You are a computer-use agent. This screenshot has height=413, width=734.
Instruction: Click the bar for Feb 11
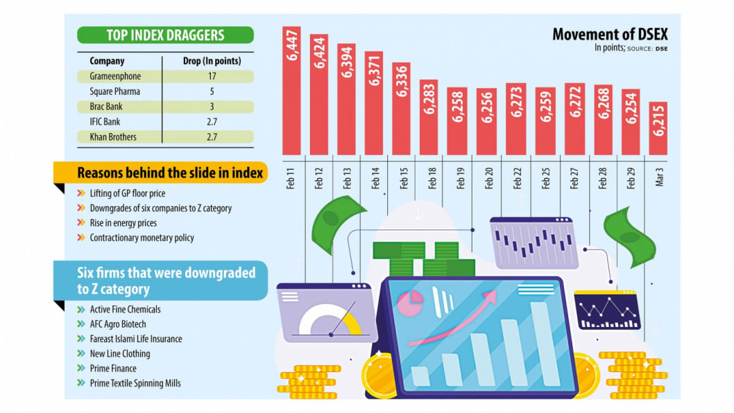coord(291,90)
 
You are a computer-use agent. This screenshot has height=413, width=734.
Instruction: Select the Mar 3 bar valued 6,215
coord(658,128)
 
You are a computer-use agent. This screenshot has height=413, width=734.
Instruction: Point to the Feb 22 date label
coord(518,177)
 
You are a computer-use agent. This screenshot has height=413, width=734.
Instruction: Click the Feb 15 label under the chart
coord(404,177)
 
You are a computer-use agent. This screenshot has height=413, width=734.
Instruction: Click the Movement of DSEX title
coord(610,35)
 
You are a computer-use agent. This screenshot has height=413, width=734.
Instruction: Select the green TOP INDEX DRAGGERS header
coord(165,35)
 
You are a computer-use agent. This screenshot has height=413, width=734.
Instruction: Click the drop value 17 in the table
coord(212,76)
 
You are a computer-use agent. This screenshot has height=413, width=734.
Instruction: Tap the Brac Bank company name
coord(108,107)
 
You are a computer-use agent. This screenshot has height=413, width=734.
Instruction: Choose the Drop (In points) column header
coord(212,61)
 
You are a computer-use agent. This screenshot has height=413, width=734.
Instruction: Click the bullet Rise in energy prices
coord(123,223)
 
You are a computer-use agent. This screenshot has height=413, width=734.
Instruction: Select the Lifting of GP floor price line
coord(127,193)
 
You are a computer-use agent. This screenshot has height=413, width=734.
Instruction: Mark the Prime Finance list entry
coord(113,369)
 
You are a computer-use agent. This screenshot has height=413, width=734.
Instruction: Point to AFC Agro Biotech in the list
coord(118,324)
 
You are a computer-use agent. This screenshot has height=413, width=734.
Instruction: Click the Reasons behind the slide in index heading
coord(170,173)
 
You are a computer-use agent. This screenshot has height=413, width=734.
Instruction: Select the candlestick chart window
coord(534,243)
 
